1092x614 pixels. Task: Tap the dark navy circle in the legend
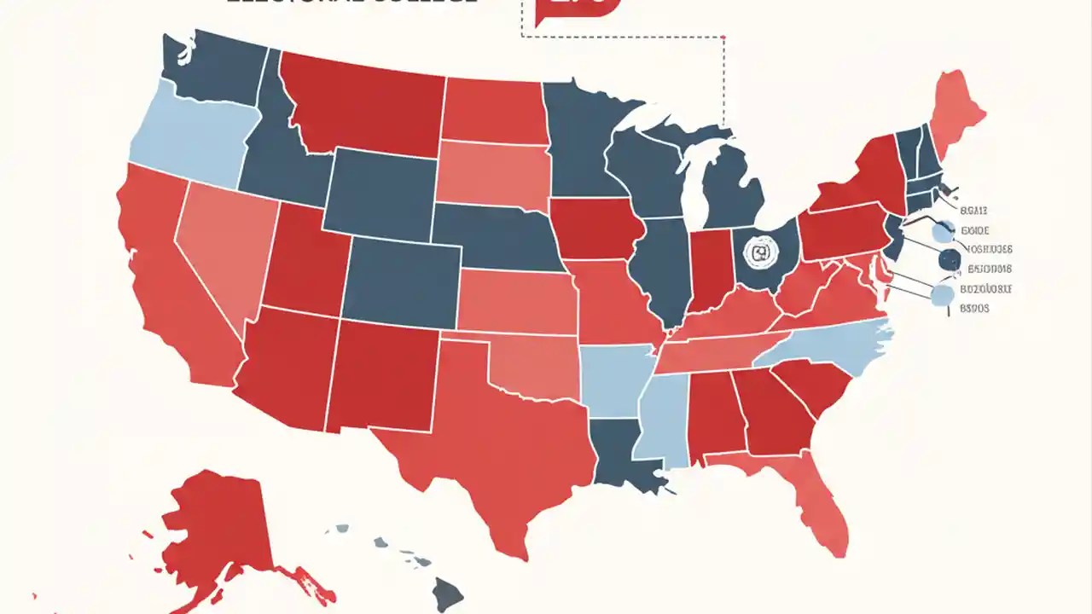pos(948,260)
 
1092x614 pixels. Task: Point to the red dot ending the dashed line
pos(723,38)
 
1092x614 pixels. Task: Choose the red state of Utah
pos(303,260)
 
